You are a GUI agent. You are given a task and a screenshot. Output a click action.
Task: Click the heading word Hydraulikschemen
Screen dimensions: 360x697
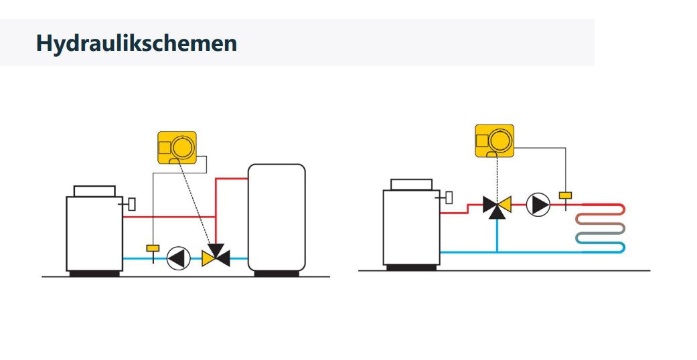click(x=136, y=43)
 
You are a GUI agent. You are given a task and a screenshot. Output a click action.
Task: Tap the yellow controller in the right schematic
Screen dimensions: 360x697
click(x=495, y=141)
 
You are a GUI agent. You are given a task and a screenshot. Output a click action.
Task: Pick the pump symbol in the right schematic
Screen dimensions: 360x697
click(x=538, y=204)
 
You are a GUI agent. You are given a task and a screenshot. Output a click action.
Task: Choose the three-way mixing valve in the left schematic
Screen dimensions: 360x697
click(x=216, y=255)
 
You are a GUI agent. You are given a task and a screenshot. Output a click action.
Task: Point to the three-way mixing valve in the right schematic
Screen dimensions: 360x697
click(x=497, y=205)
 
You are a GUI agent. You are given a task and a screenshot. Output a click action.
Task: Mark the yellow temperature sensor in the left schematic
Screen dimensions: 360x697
click(x=153, y=248)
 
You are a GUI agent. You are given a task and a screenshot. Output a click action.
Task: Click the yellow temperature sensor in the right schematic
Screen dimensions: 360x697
click(x=566, y=195)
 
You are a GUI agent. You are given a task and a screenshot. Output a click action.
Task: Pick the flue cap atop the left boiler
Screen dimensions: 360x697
click(x=94, y=191)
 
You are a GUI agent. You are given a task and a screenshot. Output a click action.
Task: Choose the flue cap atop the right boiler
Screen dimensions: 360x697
click(x=411, y=184)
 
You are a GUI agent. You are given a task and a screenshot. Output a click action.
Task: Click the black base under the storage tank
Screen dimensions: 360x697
click(x=277, y=273)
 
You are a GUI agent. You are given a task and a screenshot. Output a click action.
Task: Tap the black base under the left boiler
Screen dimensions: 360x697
click(x=94, y=273)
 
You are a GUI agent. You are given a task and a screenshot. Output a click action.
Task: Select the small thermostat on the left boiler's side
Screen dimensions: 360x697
click(x=131, y=203)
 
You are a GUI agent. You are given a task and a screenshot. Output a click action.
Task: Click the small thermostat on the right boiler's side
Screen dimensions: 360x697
click(x=448, y=197)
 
